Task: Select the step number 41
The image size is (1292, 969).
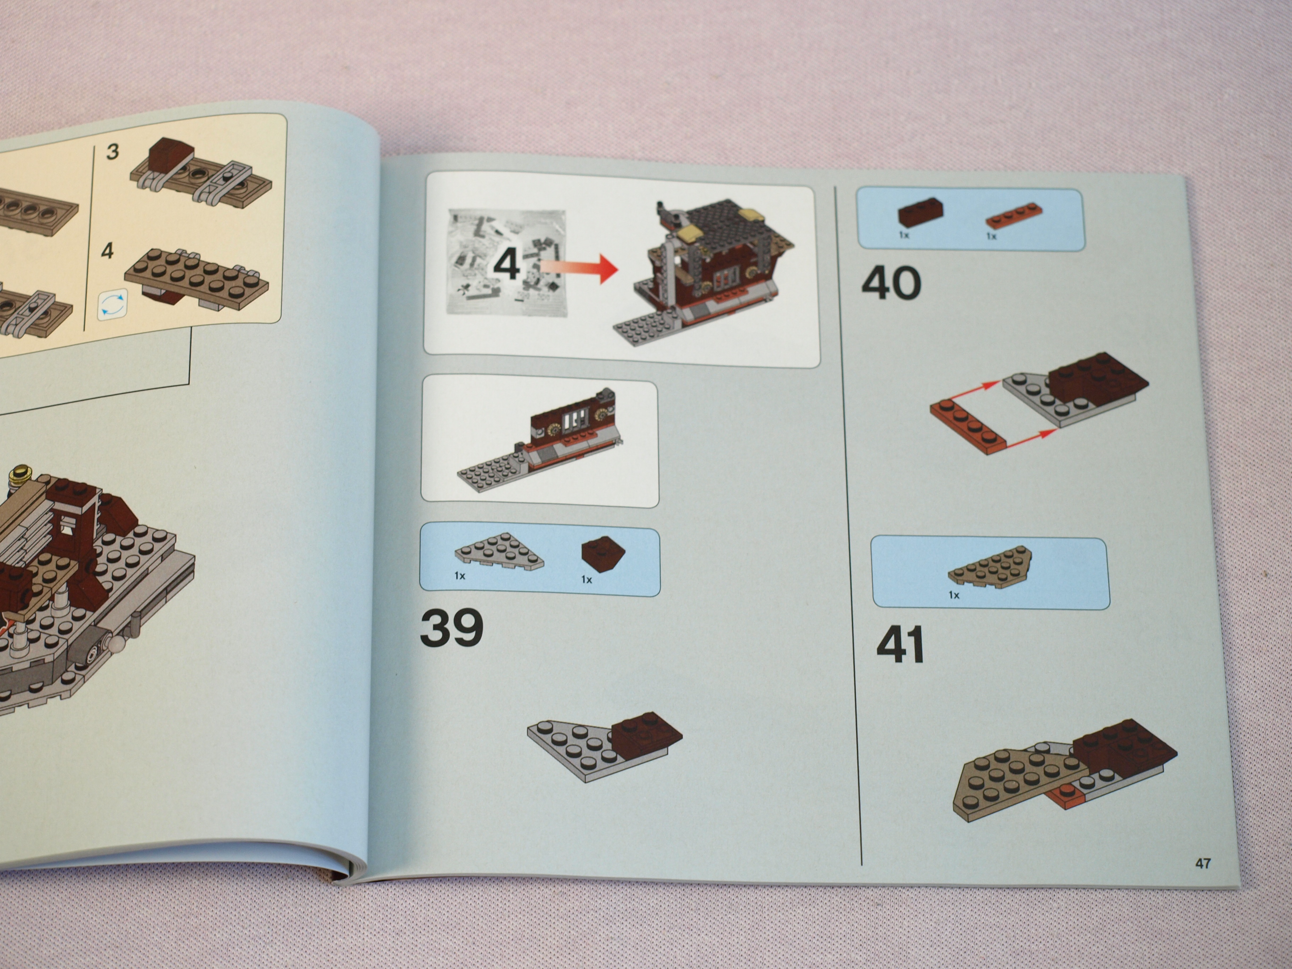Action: (900, 644)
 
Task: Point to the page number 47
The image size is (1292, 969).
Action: (1203, 863)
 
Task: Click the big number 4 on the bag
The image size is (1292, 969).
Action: (506, 264)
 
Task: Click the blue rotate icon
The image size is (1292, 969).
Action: (113, 305)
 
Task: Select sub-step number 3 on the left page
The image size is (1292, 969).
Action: (113, 152)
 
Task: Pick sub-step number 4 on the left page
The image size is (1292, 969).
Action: (107, 251)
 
